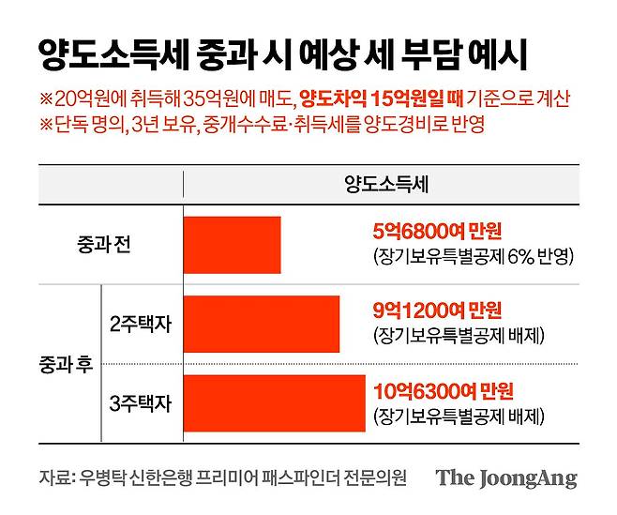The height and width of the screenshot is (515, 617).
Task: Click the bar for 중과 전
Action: (233, 245)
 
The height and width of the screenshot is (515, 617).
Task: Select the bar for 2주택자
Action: (262, 324)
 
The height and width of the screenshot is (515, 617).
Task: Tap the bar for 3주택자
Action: (275, 402)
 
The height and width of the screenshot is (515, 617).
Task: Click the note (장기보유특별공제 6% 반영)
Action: (473, 256)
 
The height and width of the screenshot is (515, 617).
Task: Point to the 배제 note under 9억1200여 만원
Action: (459, 335)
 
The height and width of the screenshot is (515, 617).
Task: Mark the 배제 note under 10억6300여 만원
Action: (459, 414)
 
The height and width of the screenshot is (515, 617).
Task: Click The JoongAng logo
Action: (505, 478)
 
